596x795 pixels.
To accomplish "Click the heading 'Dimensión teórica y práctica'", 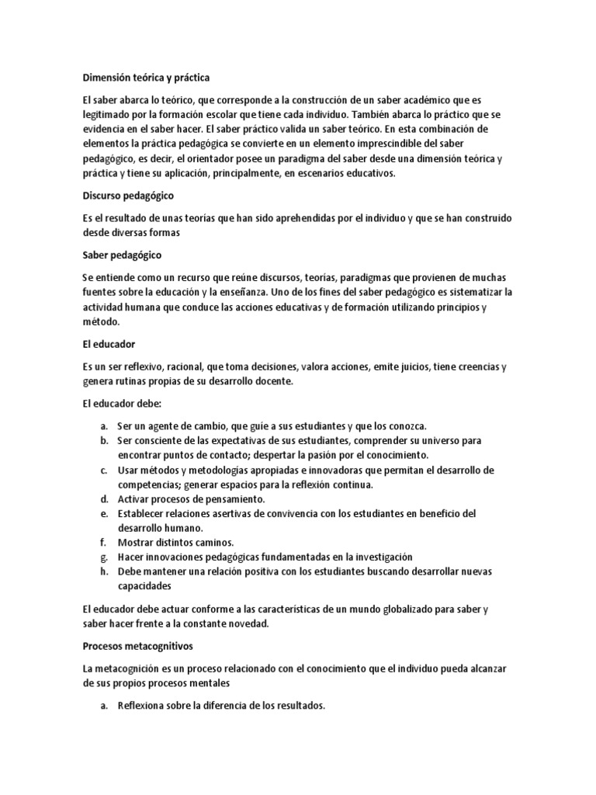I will (x=146, y=78).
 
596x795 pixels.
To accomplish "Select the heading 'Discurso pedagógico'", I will (x=128, y=196).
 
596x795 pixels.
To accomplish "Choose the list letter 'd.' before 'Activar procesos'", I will (x=104, y=498).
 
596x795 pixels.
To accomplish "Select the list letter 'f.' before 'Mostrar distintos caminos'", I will (x=103, y=542).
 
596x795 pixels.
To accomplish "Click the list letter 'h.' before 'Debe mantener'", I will (x=104, y=571).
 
